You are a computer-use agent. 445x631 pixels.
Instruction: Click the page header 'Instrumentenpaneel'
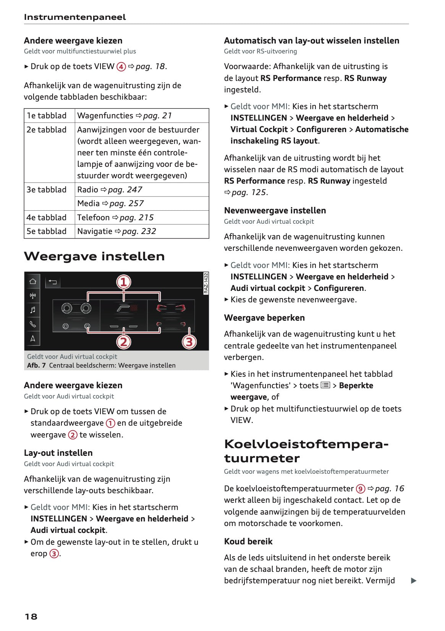click(75, 17)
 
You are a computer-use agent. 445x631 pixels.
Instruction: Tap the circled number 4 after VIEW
click(121, 67)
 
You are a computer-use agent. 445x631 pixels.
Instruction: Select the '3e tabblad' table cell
click(47, 190)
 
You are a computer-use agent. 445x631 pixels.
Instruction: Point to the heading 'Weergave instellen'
click(94, 256)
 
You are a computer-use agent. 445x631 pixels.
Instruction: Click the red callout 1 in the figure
click(123, 282)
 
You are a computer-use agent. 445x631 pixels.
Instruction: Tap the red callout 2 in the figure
click(123, 341)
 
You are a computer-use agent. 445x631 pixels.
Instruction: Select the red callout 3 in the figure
click(189, 341)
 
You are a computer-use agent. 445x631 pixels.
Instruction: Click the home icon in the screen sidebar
click(33, 282)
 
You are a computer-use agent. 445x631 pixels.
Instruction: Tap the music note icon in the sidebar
click(33, 310)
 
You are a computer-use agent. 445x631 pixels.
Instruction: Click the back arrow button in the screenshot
click(52, 282)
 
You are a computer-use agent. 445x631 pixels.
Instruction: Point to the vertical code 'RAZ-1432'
click(206, 283)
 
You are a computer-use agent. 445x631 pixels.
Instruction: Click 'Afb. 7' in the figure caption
click(36, 365)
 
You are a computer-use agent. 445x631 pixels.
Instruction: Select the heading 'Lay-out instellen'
click(58, 453)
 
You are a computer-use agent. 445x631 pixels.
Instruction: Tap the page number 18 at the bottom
click(31, 616)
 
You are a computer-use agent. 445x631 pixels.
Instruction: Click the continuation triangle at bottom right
click(413, 581)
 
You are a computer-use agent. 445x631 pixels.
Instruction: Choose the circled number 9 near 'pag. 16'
click(361, 489)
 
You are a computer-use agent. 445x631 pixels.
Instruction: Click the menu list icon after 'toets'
click(325, 386)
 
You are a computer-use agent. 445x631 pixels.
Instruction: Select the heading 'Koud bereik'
click(248, 541)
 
